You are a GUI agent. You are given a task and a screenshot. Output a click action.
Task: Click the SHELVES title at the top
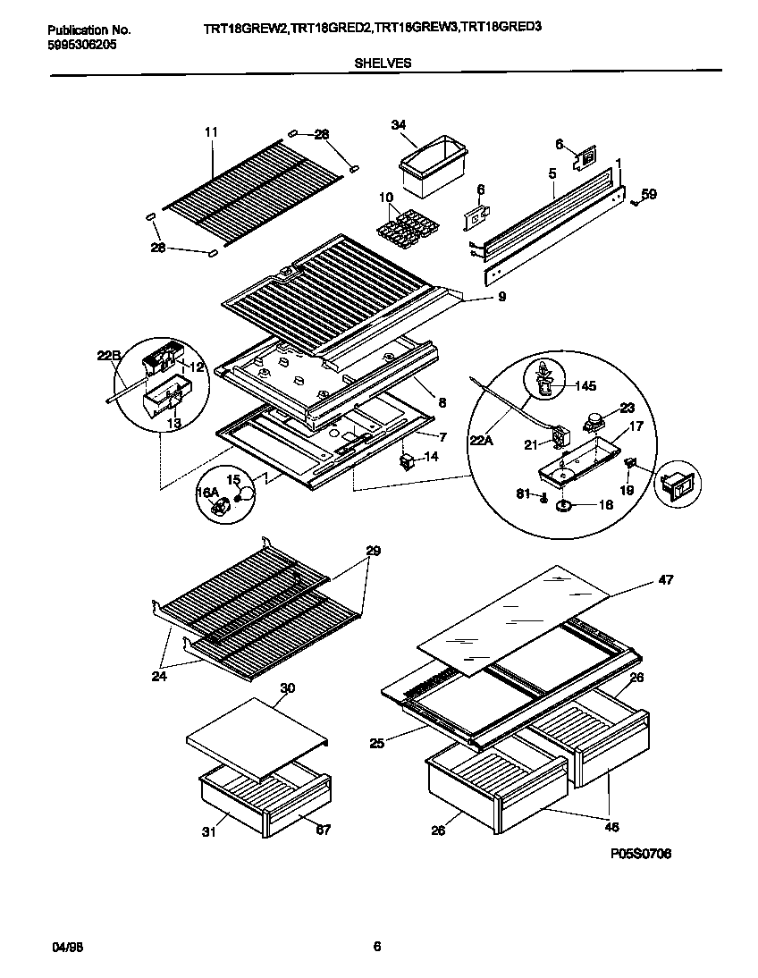[383, 63]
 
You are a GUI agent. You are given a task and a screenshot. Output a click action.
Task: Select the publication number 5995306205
[81, 44]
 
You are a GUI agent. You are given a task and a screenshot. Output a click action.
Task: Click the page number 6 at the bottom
[377, 947]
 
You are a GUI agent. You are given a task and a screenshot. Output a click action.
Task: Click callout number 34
[399, 125]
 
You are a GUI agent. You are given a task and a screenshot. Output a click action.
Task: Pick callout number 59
[649, 193]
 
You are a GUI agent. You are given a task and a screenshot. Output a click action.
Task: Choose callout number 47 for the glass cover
[666, 580]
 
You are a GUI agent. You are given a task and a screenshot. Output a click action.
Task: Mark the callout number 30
[288, 687]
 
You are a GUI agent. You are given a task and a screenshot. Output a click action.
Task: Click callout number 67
[323, 830]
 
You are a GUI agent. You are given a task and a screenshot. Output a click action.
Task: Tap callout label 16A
[207, 493]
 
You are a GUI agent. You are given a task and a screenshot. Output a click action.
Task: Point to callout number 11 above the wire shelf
[211, 132]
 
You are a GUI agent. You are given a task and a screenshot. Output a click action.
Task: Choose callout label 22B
[109, 356]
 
